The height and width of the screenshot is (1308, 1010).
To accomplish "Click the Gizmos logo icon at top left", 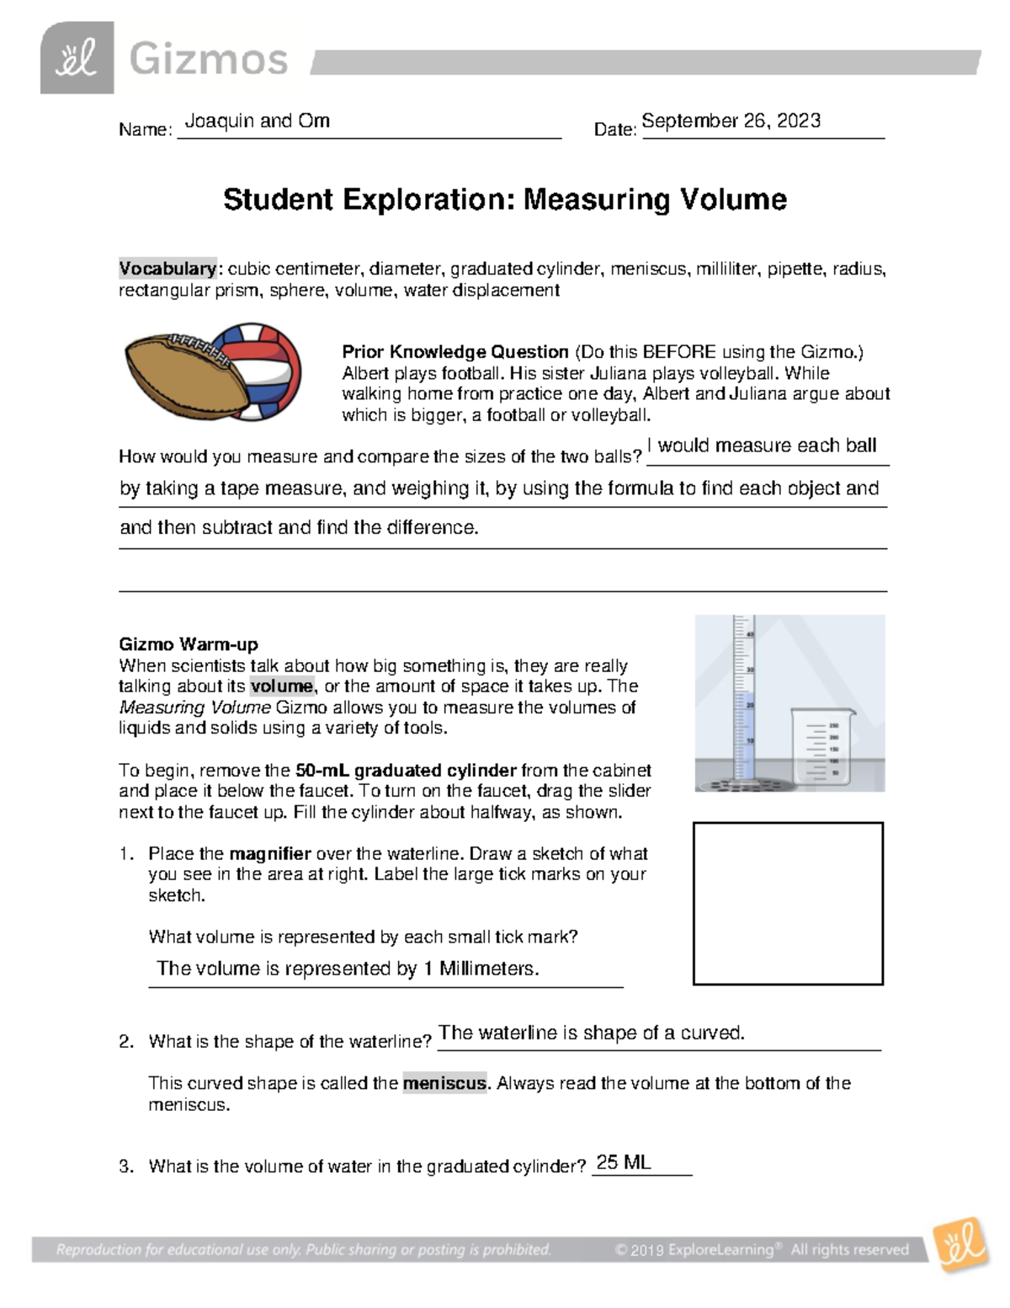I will click(x=77, y=58).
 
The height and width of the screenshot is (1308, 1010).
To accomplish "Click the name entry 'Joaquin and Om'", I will click(x=257, y=120).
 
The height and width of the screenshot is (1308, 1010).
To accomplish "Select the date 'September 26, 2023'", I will click(x=731, y=120).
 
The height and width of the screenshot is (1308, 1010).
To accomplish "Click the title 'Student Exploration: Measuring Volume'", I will click(x=504, y=200).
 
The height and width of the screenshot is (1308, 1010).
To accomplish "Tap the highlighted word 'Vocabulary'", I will click(x=167, y=269).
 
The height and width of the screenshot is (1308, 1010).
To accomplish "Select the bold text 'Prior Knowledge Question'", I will click(x=454, y=352).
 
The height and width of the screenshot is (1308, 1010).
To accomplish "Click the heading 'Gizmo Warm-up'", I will click(x=188, y=644).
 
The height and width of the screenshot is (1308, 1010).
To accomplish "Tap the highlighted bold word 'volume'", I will click(x=281, y=686).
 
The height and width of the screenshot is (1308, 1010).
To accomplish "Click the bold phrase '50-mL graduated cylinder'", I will click(x=406, y=770).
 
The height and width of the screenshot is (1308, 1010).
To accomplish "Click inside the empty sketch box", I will click(x=788, y=903).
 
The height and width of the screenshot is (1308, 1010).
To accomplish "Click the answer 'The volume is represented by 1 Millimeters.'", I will click(x=348, y=969).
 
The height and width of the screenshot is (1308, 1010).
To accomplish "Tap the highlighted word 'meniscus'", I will click(x=444, y=1083).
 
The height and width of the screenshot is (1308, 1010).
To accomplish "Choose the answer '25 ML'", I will click(x=623, y=1163).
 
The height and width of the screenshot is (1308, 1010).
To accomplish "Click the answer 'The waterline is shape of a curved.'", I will click(x=592, y=1033).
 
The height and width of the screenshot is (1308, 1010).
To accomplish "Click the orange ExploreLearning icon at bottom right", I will click(x=959, y=1244).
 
